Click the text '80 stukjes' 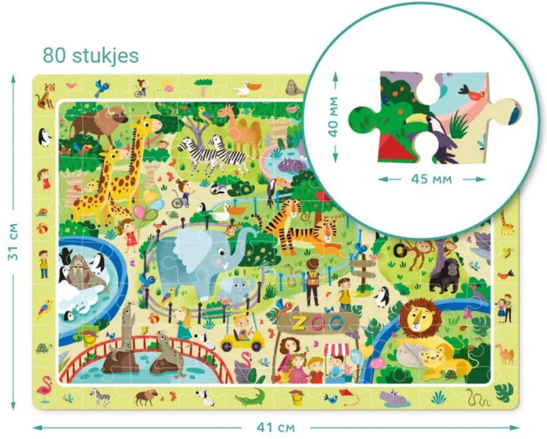(x=90, y=55)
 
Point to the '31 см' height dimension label (x=14, y=242)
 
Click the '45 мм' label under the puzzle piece (x=432, y=179)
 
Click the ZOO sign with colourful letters (x=317, y=321)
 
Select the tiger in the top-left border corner (x=47, y=96)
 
